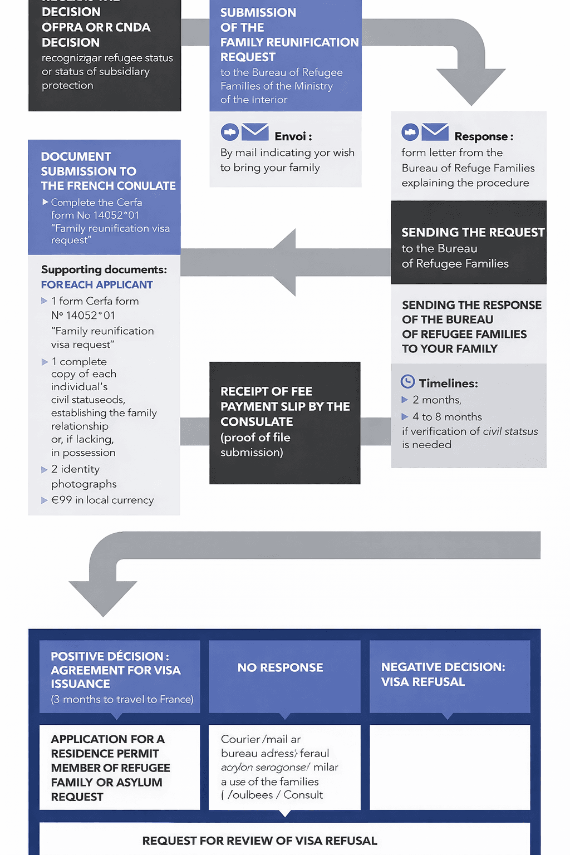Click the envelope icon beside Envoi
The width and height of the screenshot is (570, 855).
tap(255, 132)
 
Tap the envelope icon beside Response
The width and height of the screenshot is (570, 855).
tap(435, 132)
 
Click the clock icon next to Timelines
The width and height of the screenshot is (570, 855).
tap(408, 382)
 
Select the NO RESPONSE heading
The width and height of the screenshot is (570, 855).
tap(280, 667)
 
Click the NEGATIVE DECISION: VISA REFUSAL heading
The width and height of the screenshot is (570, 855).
tap(443, 674)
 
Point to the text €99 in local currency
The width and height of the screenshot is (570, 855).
tap(102, 500)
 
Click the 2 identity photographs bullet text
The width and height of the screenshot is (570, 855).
tap(83, 476)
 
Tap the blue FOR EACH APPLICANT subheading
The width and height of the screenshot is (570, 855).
tap(97, 284)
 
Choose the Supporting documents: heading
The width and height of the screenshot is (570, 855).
tap(104, 269)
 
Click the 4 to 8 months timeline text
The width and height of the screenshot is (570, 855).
tap(447, 416)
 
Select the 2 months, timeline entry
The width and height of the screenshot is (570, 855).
tap(437, 400)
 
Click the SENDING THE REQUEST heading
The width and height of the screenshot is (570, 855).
tap(473, 232)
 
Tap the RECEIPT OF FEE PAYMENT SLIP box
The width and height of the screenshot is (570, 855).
tap(284, 422)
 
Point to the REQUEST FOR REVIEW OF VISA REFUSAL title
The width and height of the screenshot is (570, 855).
tap(259, 841)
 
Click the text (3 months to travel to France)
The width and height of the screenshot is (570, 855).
tap(122, 699)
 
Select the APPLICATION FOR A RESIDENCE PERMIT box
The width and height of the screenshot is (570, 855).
tap(119, 767)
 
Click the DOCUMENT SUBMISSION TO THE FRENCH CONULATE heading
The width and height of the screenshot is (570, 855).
tap(108, 171)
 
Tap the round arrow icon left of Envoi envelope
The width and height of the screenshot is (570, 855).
tap(230, 132)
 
